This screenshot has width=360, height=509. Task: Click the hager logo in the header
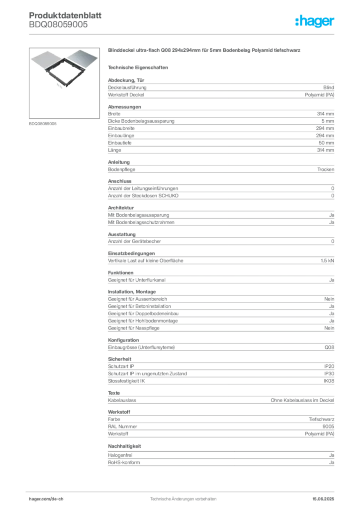[314, 21]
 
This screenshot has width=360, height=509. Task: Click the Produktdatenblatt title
[65, 15]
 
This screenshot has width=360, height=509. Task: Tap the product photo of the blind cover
[64, 69]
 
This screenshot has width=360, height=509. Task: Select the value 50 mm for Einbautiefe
[326, 143]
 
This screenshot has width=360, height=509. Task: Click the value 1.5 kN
[327, 260]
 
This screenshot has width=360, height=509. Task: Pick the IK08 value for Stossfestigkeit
[329, 381]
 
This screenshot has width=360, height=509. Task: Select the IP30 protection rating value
[329, 374]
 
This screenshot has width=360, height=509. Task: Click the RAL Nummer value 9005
[328, 426]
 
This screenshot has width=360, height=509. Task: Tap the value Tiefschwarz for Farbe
[321, 420]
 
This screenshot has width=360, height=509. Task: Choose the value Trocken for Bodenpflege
[326, 170]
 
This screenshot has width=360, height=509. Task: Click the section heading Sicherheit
[120, 359]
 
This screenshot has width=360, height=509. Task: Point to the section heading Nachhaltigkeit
[125, 446]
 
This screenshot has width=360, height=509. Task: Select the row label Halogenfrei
[120, 455]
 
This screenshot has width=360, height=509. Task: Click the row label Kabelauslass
[122, 400]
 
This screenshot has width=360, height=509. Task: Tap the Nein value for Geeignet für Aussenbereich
[329, 299]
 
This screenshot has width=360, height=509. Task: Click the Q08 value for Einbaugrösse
[329, 347]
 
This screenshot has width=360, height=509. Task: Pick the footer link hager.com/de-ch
[46, 499]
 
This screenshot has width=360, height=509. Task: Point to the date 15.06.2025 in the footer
[323, 499]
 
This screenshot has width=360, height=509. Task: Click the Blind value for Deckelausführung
[329, 87]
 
